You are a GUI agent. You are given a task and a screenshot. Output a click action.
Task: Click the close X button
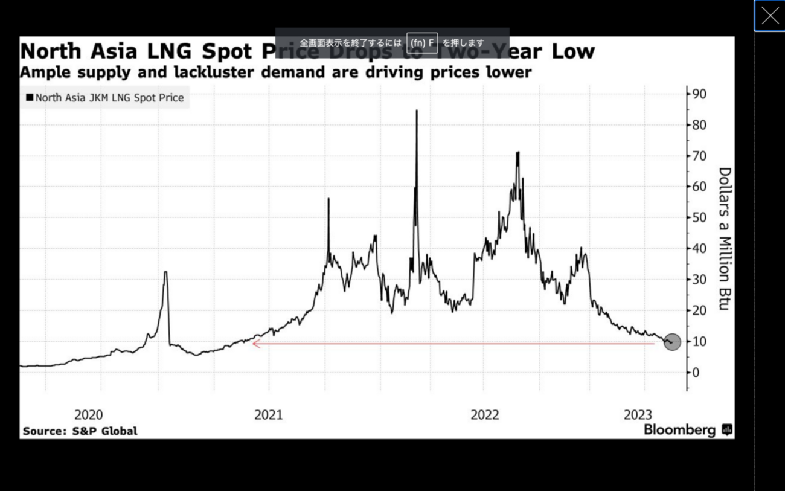pos(770,16)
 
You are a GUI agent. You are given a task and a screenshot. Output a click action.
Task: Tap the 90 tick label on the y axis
pos(700,94)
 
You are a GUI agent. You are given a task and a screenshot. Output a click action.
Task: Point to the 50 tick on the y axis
pos(700,218)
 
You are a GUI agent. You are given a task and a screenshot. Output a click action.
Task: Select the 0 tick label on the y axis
pos(696,373)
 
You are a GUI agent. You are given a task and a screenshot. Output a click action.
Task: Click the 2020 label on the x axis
pos(88,415)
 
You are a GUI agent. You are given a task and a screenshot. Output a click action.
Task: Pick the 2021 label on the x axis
pos(268,415)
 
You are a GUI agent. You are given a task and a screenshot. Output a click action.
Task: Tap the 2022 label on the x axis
pos(485,415)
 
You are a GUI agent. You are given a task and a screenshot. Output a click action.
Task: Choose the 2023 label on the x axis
pos(638,415)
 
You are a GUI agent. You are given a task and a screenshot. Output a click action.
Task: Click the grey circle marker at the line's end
pos(672,342)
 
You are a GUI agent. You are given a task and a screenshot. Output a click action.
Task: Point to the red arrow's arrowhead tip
pos(254,344)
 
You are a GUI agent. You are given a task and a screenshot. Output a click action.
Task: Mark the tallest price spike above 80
pos(417,111)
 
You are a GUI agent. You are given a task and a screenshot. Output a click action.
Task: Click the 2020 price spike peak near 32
pos(165,272)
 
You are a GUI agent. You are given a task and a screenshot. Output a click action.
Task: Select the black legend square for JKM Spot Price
pos(30,97)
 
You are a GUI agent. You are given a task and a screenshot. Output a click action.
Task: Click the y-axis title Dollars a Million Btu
pos(725,239)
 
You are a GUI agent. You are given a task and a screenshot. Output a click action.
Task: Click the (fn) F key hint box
pos(422,43)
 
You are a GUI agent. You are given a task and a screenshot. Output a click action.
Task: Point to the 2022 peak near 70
pos(517,153)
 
